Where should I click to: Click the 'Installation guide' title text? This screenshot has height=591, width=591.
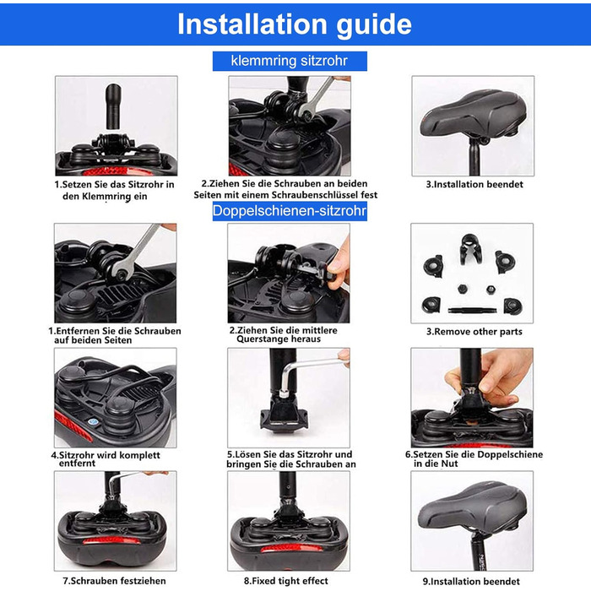(295, 24)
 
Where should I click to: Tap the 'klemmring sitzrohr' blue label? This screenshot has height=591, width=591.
(290, 61)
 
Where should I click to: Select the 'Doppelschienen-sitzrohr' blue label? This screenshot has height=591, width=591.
(290, 211)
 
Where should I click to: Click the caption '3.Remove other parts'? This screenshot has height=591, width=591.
(474, 332)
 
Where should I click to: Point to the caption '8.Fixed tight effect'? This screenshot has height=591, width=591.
(286, 581)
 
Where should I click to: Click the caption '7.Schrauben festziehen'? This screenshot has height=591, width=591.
(114, 581)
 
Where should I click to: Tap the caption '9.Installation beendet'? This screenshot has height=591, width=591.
(471, 582)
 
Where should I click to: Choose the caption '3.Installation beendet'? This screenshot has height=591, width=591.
(474, 184)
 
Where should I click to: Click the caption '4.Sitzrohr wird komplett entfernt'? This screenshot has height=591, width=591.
(106, 459)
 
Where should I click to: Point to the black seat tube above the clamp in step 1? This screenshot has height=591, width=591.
(113, 106)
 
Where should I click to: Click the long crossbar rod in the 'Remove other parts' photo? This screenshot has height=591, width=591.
(472, 311)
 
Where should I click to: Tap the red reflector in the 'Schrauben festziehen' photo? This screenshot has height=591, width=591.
(111, 541)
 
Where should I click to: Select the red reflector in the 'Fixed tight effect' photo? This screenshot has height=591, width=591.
(286, 548)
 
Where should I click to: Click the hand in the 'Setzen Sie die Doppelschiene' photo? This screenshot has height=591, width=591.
(489, 377)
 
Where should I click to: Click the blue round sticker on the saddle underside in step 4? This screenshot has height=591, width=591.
(92, 421)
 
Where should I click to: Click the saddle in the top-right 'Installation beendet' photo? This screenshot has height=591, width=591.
(474, 114)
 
